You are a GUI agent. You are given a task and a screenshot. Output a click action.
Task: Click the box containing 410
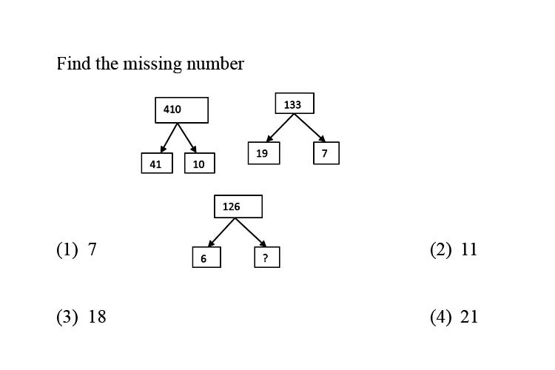(x=181, y=110)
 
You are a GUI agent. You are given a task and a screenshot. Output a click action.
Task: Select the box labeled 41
(x=157, y=164)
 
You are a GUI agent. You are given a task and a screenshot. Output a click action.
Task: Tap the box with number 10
(x=200, y=164)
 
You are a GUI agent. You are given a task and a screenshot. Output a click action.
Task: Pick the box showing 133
(x=295, y=104)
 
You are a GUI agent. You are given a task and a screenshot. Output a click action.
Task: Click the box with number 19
(x=263, y=153)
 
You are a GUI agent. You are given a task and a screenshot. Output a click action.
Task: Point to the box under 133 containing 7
(x=326, y=153)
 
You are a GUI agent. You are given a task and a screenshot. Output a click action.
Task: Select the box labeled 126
(x=238, y=206)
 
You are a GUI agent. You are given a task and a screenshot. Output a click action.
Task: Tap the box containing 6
(x=206, y=257)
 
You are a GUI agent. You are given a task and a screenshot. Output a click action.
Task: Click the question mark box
(x=267, y=257)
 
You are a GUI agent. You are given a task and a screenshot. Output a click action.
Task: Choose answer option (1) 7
(x=76, y=249)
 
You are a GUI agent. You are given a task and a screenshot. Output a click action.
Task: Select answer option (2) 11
(x=454, y=249)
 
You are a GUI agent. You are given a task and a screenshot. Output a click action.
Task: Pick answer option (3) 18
(x=81, y=317)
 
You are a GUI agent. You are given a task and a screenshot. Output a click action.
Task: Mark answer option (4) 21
(x=454, y=317)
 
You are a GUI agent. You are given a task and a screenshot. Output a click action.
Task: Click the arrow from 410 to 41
(x=169, y=138)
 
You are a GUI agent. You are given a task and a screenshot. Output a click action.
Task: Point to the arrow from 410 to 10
(x=187, y=138)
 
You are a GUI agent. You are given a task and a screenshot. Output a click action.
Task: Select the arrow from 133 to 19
(x=280, y=128)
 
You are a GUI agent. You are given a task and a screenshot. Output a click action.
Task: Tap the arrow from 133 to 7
(x=310, y=128)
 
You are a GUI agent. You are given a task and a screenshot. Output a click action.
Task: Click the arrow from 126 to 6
(x=221, y=232)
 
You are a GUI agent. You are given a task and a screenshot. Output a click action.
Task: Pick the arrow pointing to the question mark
(x=251, y=232)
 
